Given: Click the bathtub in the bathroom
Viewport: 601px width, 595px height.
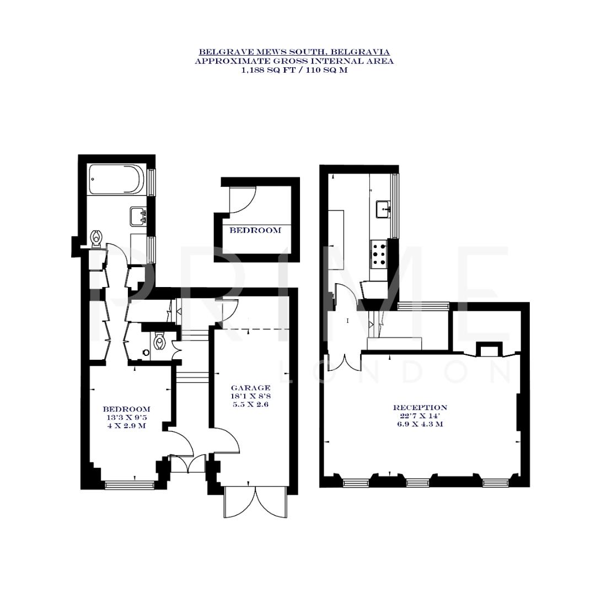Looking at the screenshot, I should click(117, 180).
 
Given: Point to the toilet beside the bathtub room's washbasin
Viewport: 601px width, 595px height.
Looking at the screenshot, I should click(96, 237).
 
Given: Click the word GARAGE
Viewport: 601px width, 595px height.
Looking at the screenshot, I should click(250, 388).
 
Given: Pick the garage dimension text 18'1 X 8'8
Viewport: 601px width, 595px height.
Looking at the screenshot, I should click(250, 396).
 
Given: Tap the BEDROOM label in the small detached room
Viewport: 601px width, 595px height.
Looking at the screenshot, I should click(255, 230).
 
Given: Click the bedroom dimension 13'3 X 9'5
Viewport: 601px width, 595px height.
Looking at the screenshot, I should click(127, 418).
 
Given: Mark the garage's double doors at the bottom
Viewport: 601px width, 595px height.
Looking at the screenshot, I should click(255, 502).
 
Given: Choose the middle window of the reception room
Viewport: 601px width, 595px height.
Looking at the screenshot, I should click(417, 483).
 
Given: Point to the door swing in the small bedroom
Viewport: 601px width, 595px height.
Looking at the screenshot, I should click(243, 200).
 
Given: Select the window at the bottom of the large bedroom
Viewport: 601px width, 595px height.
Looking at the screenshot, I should click(130, 485).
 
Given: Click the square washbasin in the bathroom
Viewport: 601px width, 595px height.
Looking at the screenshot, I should click(138, 215).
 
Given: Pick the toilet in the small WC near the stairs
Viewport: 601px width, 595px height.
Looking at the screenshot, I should click(160, 342).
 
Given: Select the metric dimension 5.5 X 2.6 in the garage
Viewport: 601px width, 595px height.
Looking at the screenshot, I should click(250, 404).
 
